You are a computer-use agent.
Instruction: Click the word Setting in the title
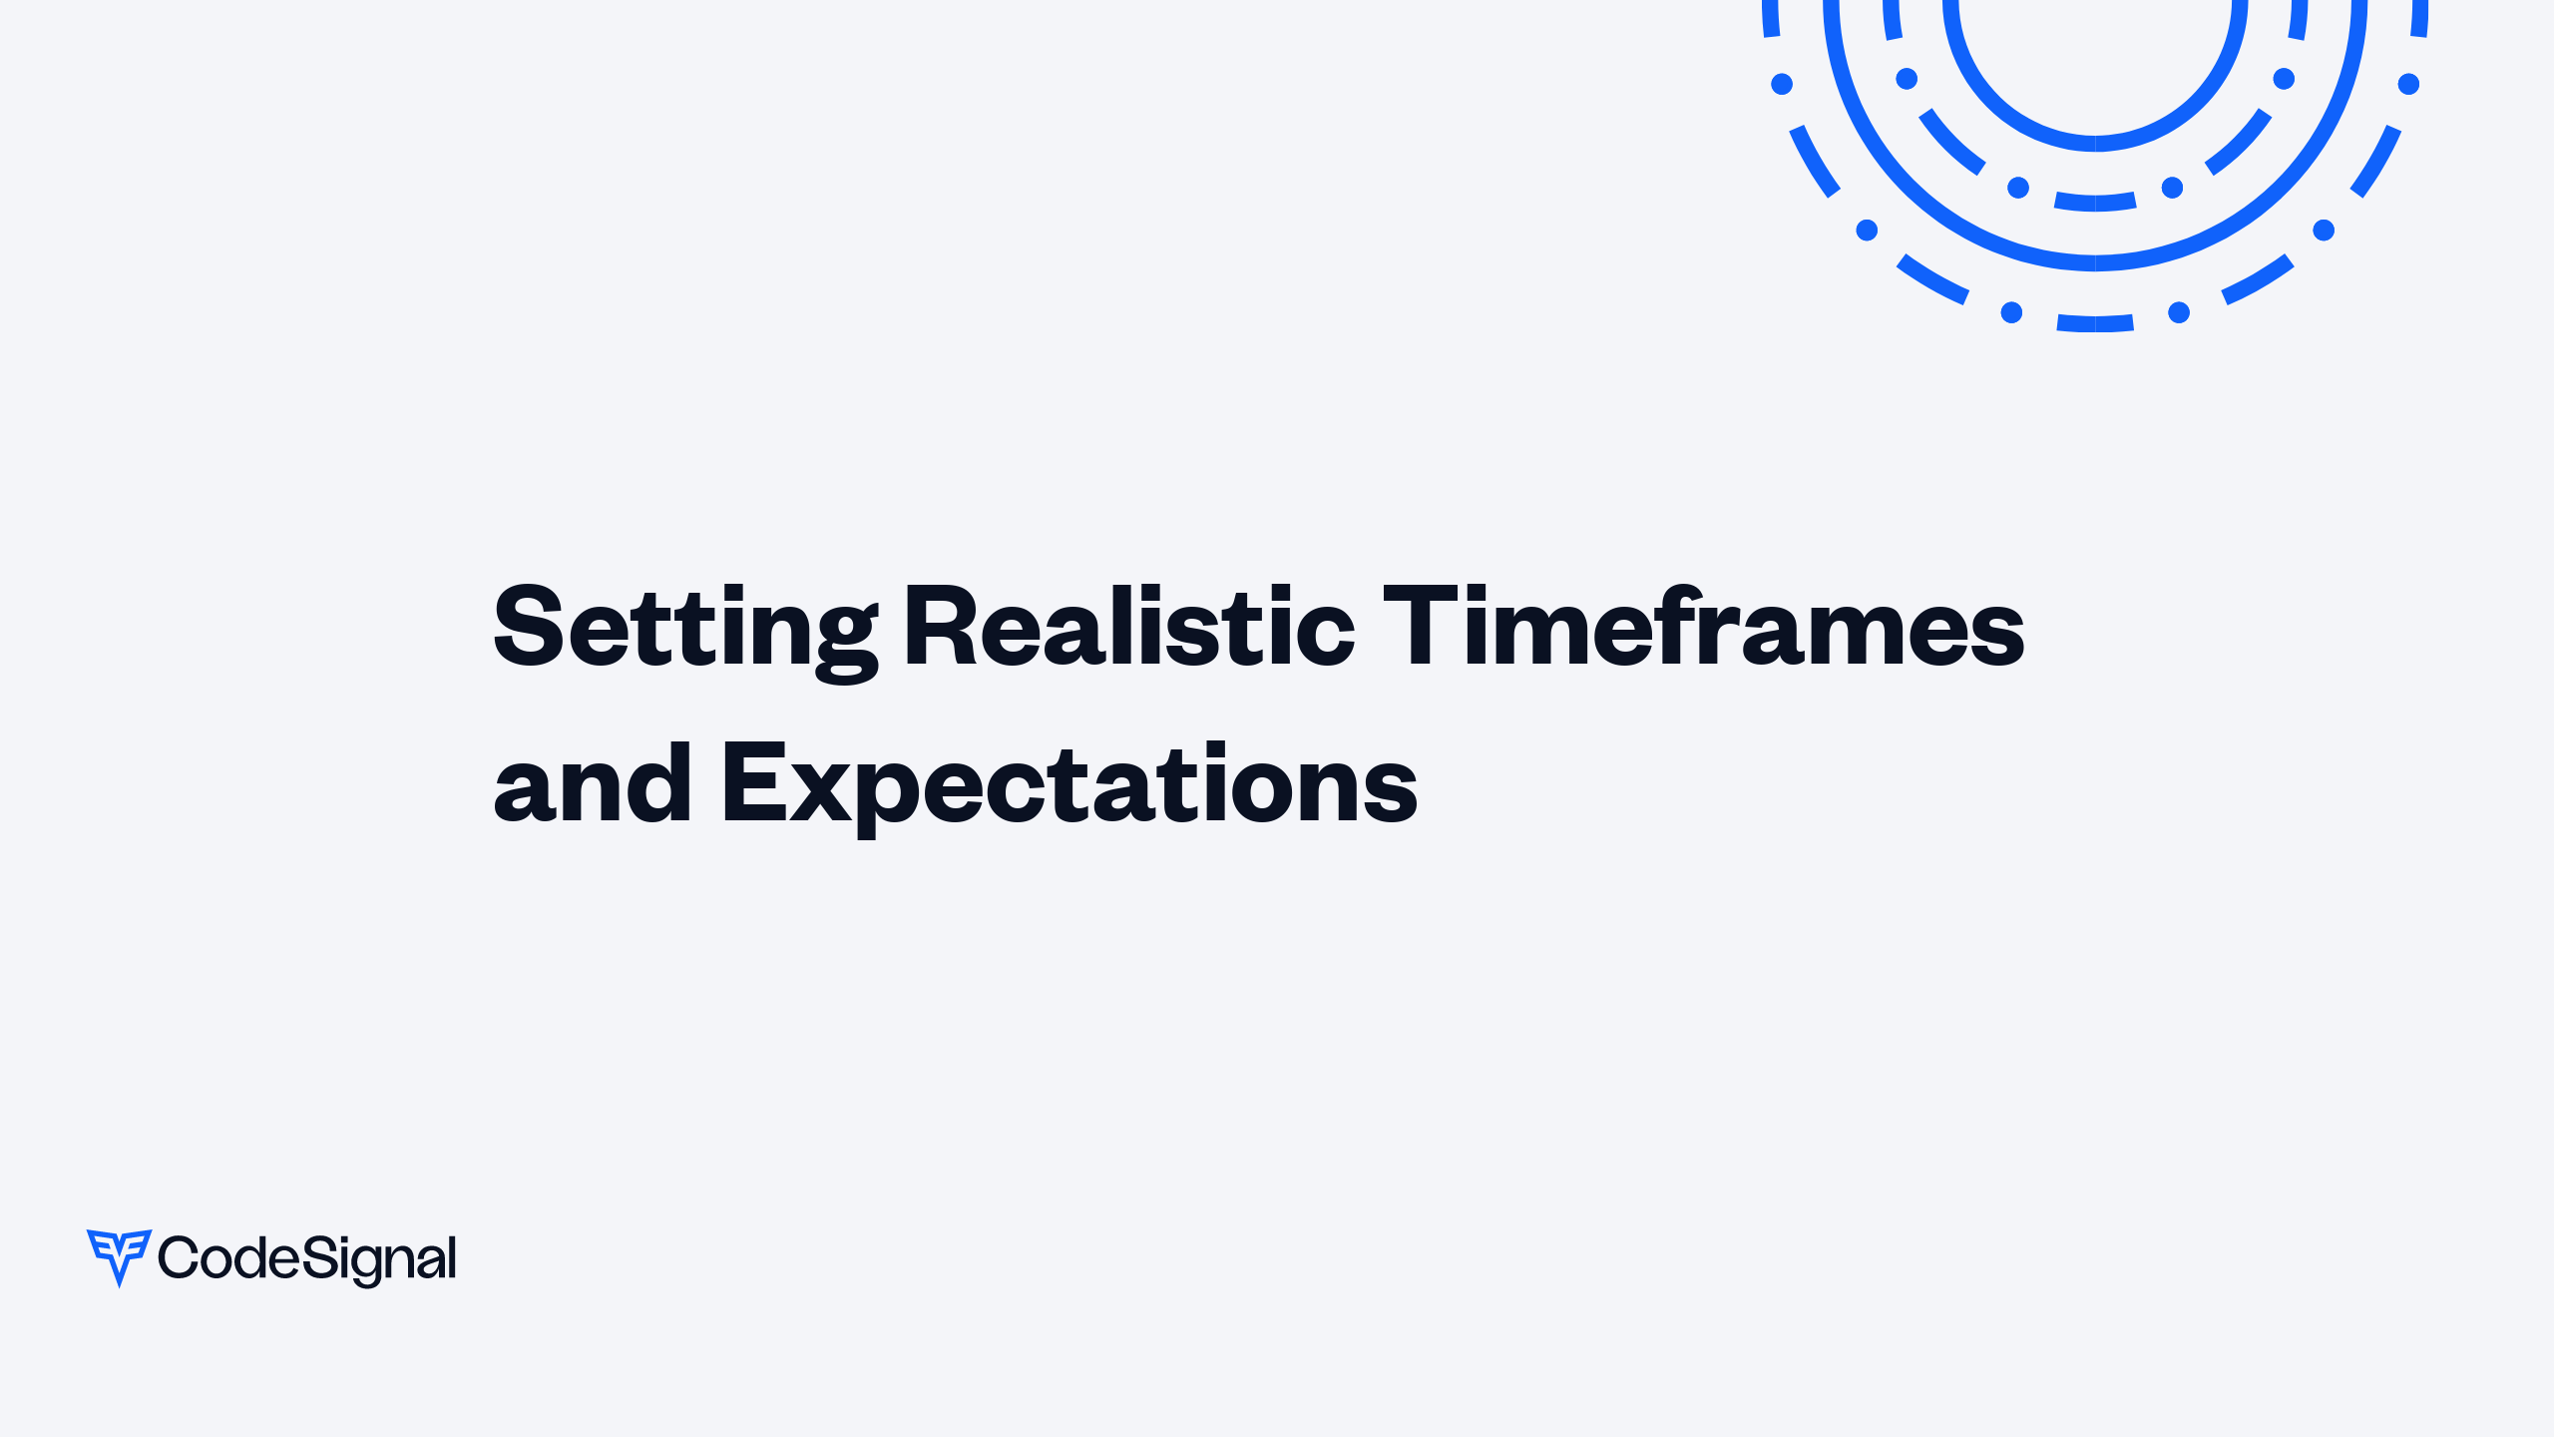click(685, 629)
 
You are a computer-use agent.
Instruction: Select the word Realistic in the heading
click(1128, 629)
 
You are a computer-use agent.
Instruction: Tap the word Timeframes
click(1703, 629)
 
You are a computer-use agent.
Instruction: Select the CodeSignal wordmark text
click(307, 1258)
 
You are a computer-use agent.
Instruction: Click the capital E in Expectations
click(750, 784)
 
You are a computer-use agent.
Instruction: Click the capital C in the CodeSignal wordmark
click(180, 1257)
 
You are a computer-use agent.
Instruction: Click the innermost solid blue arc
click(2095, 143)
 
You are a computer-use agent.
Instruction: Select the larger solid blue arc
click(2095, 262)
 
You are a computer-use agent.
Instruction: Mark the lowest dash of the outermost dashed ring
click(2095, 323)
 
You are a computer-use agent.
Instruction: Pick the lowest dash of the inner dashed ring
click(2095, 203)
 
